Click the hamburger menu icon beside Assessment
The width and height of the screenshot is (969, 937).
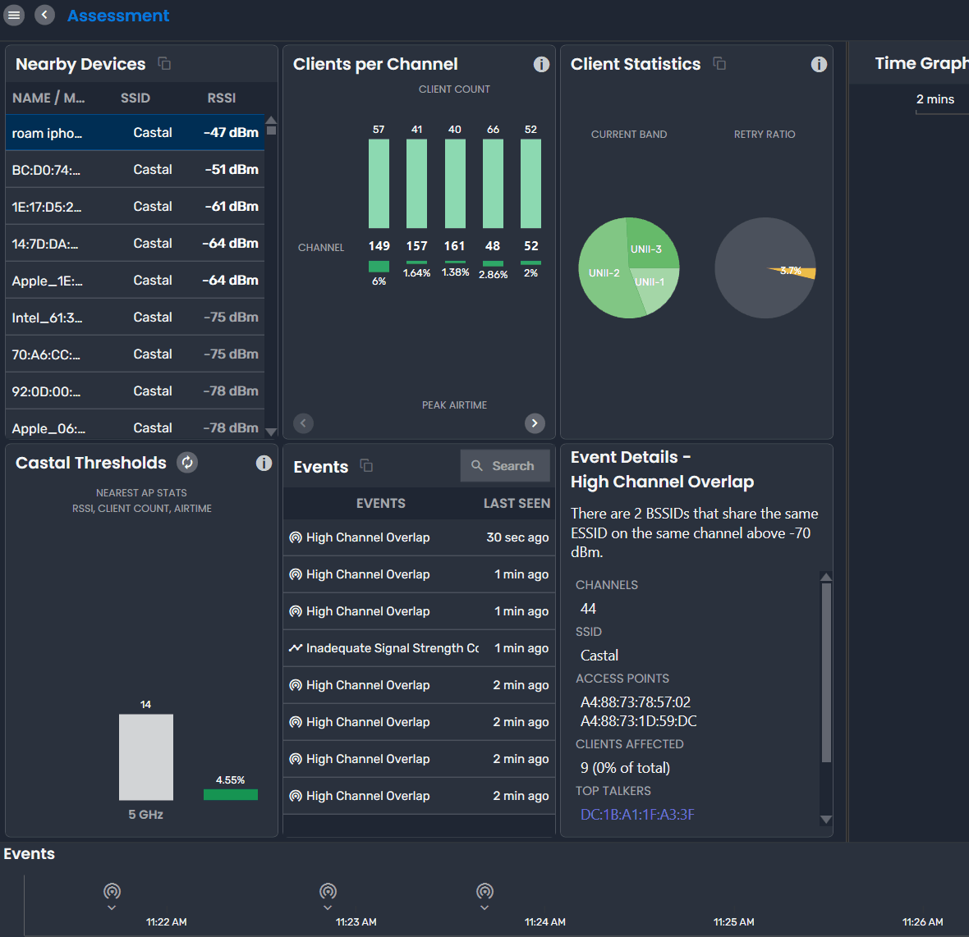[14, 15]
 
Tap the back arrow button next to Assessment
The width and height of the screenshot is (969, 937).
[45, 15]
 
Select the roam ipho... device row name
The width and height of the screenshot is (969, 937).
[47, 133]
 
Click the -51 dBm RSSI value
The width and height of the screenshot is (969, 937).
[232, 170]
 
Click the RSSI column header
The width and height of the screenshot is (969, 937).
[221, 98]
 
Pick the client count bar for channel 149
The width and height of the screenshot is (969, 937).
[379, 183]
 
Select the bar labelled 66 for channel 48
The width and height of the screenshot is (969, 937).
[493, 183]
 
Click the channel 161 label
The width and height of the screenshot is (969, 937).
[454, 246]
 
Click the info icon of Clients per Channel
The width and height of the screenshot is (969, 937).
[541, 64]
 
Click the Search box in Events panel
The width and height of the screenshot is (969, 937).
[504, 466]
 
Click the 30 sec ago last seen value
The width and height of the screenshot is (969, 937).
[517, 537]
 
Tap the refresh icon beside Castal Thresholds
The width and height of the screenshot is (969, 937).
[187, 463]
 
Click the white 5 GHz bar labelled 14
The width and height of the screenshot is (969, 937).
[145, 756]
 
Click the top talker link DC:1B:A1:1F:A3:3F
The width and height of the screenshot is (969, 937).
[637, 815]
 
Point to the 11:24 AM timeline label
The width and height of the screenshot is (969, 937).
[544, 922]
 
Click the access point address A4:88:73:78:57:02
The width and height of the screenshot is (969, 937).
[635, 702]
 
